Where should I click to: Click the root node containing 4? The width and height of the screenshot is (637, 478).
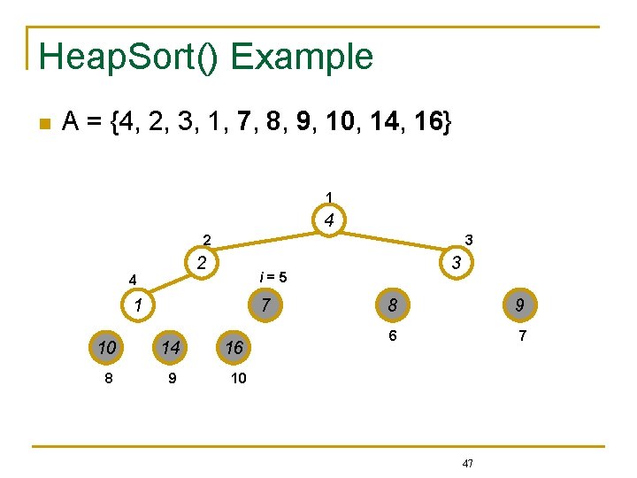pyautogui.click(x=328, y=220)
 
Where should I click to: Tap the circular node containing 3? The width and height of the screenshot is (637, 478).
pyautogui.click(x=456, y=263)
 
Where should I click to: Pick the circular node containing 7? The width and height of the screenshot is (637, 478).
pyautogui.click(x=265, y=306)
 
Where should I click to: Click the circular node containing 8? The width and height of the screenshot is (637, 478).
pyautogui.click(x=392, y=306)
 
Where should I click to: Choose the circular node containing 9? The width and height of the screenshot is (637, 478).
pyautogui.click(x=519, y=306)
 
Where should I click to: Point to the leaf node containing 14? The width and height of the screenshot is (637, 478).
pyautogui.click(x=170, y=348)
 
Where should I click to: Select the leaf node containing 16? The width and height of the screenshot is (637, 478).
pyautogui.click(x=234, y=348)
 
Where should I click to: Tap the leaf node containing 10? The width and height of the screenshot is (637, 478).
pyautogui.click(x=106, y=348)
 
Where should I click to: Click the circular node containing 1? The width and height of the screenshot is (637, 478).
pyautogui.click(x=138, y=306)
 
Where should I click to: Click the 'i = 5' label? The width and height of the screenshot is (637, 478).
pyautogui.click(x=272, y=277)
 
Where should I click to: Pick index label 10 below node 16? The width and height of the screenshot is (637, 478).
pyautogui.click(x=238, y=378)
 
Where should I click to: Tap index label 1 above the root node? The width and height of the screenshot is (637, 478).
pyautogui.click(x=328, y=196)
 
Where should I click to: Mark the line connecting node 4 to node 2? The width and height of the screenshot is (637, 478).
pyautogui.click(x=265, y=241)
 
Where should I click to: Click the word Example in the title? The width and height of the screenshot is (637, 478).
pyautogui.click(x=302, y=57)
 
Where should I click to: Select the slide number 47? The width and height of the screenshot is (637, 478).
pyautogui.click(x=468, y=463)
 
